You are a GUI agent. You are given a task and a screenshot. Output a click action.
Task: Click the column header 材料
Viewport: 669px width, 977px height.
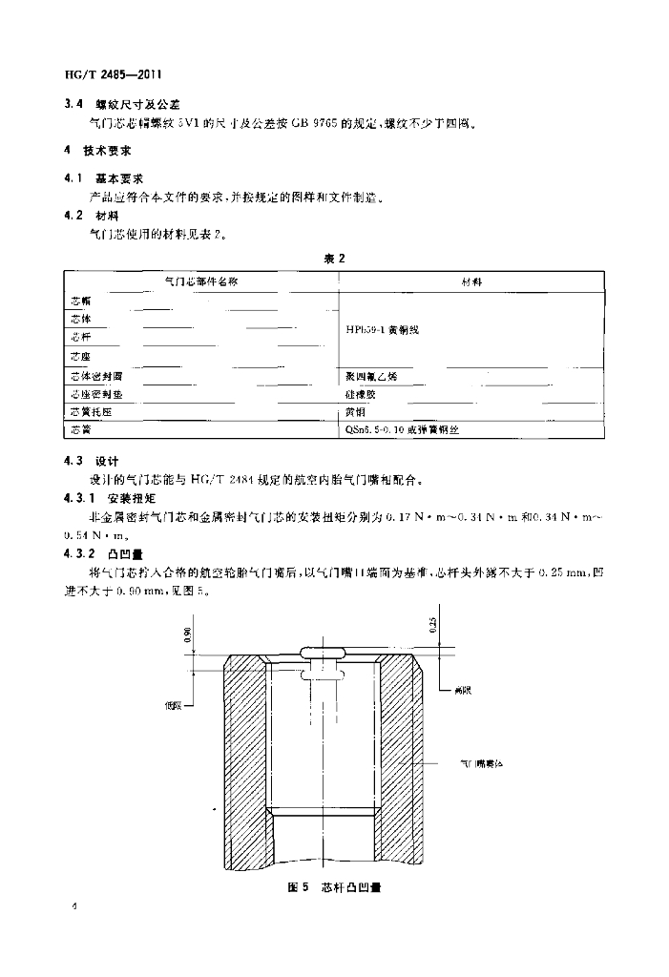(x=470, y=282)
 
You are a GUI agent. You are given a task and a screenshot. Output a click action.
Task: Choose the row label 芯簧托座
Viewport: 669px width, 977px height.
(x=91, y=412)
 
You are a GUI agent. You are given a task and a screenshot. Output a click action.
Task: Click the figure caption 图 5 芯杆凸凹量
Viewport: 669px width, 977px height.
(x=333, y=887)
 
